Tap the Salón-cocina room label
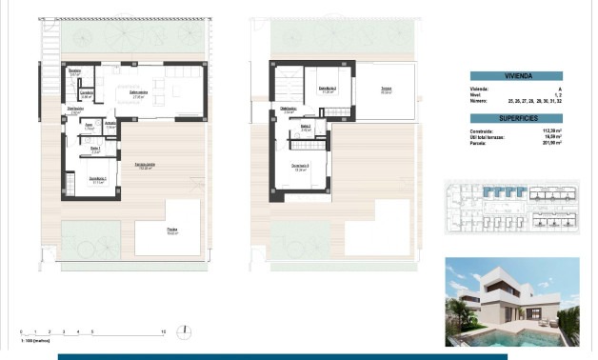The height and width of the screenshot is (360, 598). [138, 95]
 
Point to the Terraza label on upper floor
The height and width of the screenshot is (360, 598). [387, 90]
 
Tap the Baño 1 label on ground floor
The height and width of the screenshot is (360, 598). [95, 149]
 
